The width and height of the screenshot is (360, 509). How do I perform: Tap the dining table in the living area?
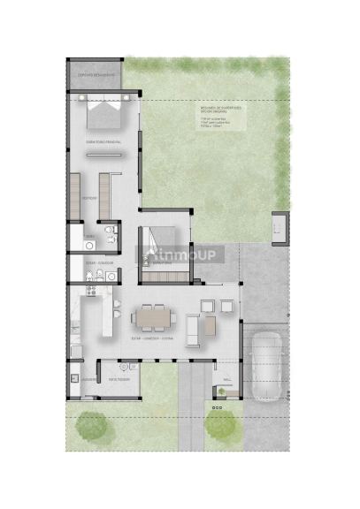[153, 315]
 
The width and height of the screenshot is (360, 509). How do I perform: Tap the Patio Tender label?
[119, 379]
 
